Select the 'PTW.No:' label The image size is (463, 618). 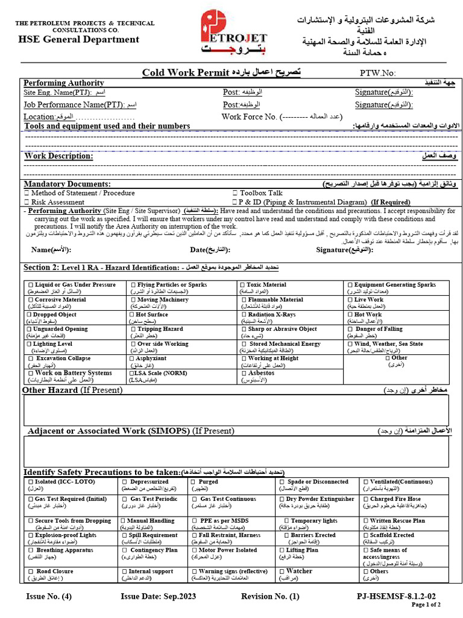tap(377, 73)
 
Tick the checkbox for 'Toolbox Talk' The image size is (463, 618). tap(235, 193)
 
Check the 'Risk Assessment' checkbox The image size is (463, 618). tap(27, 203)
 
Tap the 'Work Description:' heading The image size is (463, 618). tap(58, 156)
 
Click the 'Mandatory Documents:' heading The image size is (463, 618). tap(67, 184)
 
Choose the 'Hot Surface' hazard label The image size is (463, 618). tap(152, 314)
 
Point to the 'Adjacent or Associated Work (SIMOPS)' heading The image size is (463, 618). tap(130, 431)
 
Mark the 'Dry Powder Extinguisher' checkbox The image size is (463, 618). tap(282, 499)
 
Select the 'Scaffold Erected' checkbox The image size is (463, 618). tap(365, 535)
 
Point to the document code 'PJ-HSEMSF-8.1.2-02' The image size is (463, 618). tap(396, 597)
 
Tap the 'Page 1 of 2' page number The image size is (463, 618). tap(426, 605)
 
